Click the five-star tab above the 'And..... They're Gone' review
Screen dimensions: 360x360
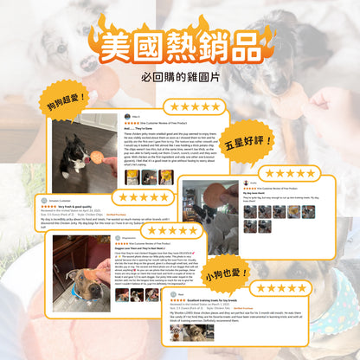coord(194,106)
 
